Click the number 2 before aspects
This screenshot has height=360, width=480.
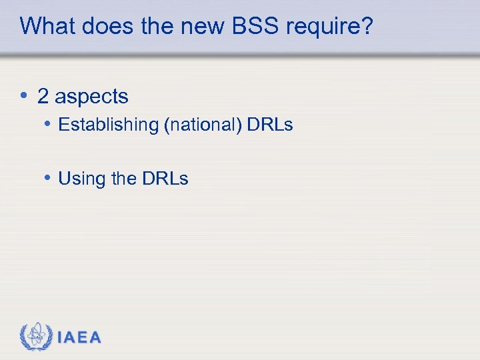43,97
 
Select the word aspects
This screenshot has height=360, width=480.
91,97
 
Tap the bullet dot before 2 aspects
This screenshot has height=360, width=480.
24,96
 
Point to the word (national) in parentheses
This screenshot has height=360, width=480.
203,125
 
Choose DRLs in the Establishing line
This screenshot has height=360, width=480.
271,125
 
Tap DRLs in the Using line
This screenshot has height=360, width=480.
165,179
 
